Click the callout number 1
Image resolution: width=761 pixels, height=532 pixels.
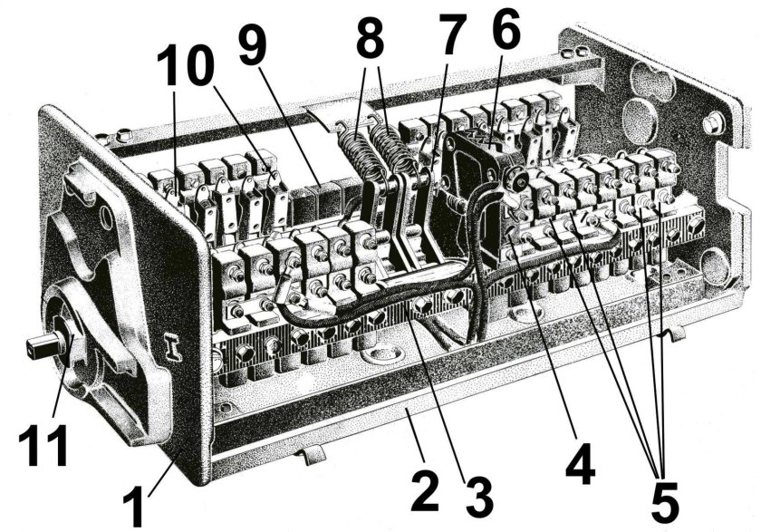(x=133, y=502)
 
